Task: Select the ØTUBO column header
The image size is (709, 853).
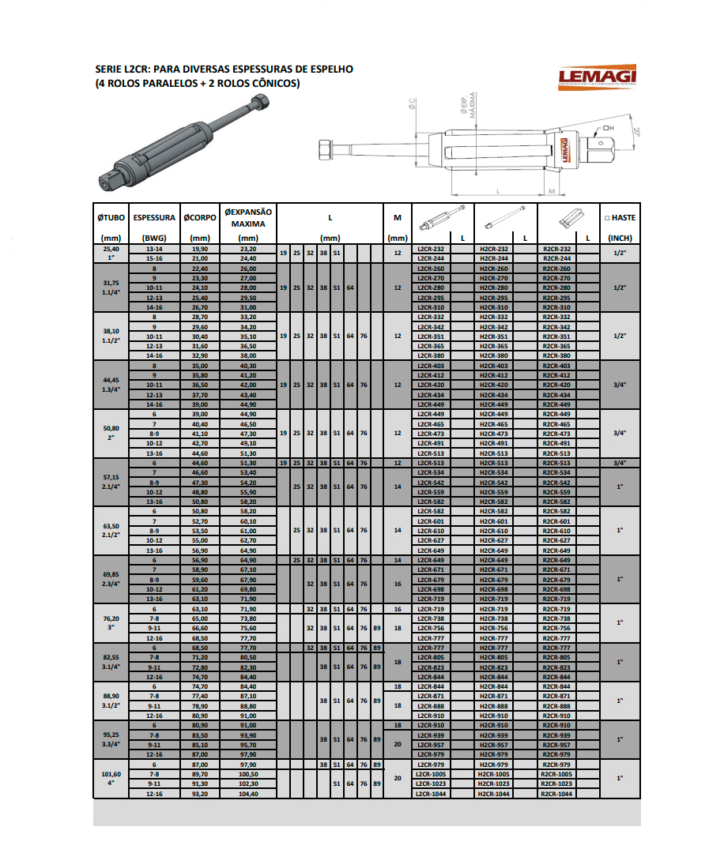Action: click(111, 217)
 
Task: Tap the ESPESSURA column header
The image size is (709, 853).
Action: click(154, 217)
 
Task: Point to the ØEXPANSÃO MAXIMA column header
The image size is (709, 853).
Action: click(248, 217)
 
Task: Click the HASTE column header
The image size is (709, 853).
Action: click(620, 217)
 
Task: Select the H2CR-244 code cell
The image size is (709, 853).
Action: click(494, 258)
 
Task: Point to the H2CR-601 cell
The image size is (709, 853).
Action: click(494, 521)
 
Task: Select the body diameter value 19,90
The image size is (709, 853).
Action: click(200, 249)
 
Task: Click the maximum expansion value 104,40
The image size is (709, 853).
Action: click(248, 793)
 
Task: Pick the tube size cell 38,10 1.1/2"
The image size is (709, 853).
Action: click(111, 336)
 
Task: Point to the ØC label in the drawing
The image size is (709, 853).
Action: click(412, 103)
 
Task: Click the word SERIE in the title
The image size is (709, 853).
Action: click(109, 70)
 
